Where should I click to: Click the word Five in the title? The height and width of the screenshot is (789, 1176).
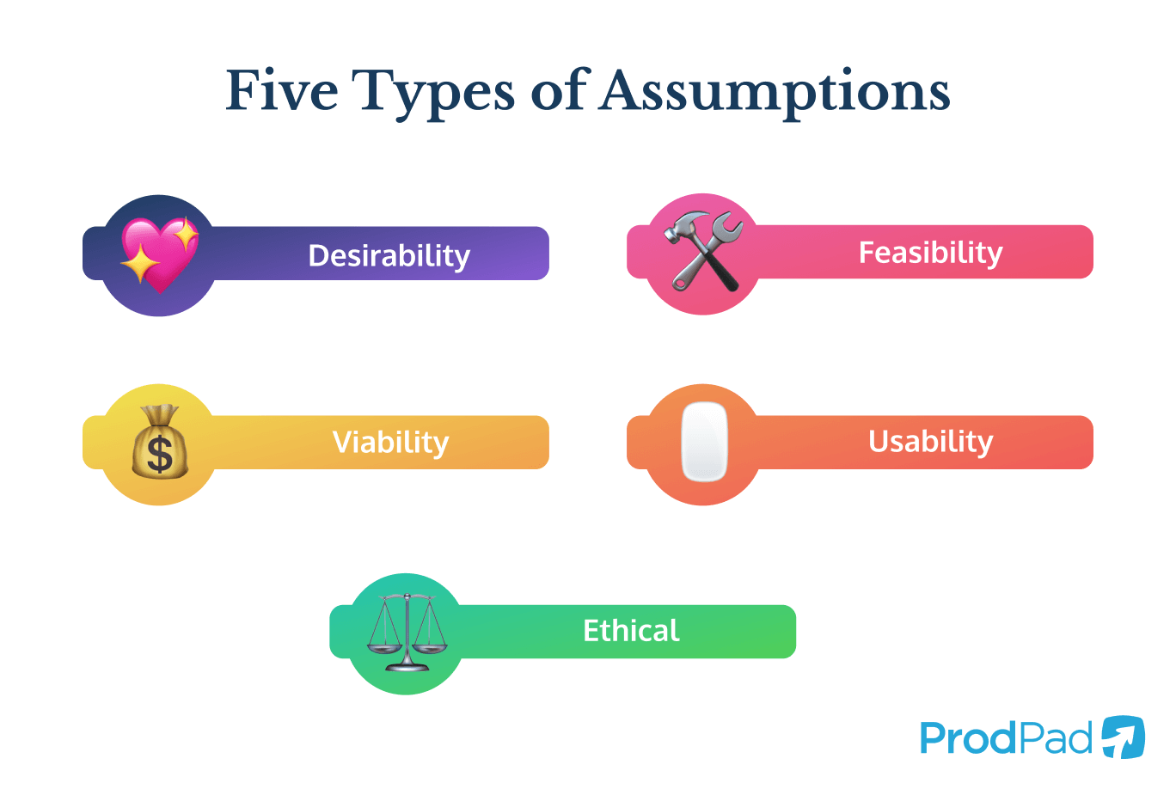click(x=282, y=90)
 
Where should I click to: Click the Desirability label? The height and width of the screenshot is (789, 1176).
click(x=389, y=255)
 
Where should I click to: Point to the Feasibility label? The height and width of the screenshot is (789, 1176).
click(x=930, y=253)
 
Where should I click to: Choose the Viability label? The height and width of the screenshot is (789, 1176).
click(x=390, y=442)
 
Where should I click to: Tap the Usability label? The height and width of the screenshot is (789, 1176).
click(x=930, y=441)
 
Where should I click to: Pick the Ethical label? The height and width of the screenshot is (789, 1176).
click(x=631, y=631)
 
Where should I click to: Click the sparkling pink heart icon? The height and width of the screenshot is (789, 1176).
click(x=159, y=255)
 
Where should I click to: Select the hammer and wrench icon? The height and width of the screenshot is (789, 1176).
click(x=704, y=251)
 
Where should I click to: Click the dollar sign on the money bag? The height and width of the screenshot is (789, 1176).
click(x=160, y=454)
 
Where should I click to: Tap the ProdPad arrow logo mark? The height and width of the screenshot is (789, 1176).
click(x=1123, y=737)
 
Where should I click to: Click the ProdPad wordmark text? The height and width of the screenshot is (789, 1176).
click(x=1006, y=738)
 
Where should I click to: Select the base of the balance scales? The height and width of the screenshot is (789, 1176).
click(x=407, y=666)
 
